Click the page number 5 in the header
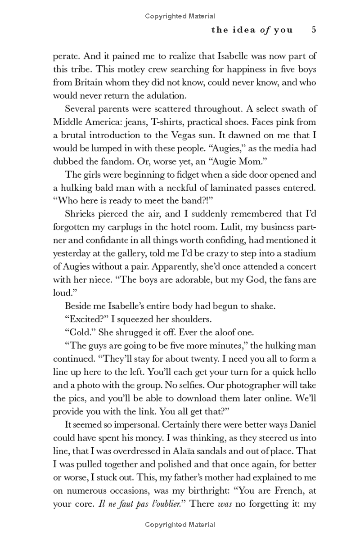pyautogui.click(x=314, y=30)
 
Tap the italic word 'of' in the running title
pyautogui.click(x=264, y=30)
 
